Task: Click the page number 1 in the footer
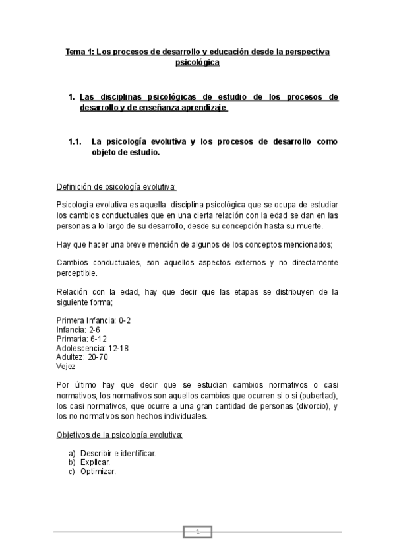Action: [197, 532]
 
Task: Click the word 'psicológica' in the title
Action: [197, 63]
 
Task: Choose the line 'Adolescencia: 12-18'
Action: [94, 348]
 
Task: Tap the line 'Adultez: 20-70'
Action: [82, 357]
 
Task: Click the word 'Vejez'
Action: [67, 367]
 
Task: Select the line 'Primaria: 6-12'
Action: [82, 339]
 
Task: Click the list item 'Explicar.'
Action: [95, 463]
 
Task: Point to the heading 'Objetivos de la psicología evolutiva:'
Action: [119, 436]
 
